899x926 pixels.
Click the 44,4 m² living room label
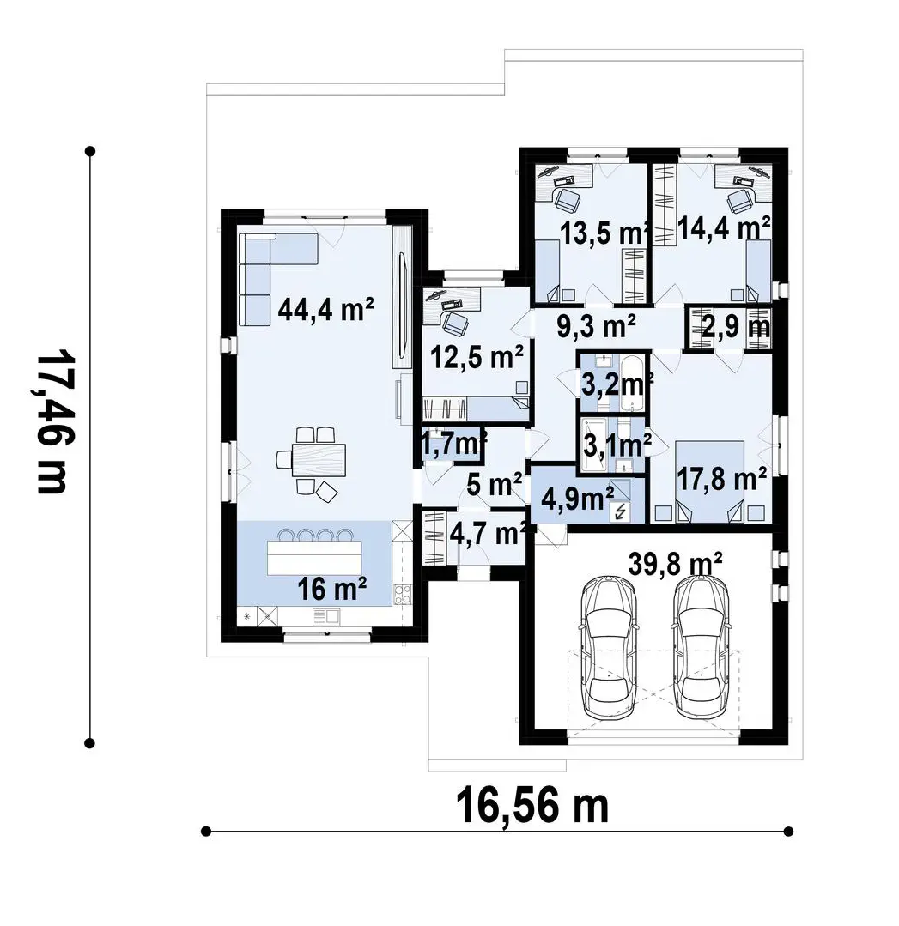[325, 308]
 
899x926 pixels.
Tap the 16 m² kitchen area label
[331, 589]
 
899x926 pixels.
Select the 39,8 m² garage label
[675, 564]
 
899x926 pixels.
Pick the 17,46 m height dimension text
[53, 423]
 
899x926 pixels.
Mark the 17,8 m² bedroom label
[721, 480]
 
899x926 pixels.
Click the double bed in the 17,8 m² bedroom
[709, 481]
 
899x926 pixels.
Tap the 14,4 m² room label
[724, 228]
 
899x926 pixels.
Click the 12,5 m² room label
[477, 357]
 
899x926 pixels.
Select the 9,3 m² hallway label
[597, 326]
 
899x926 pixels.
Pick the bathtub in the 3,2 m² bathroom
[634, 383]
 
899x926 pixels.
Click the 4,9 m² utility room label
[577, 499]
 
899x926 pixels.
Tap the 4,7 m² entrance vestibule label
[489, 534]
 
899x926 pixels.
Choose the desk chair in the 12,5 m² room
[455, 322]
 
